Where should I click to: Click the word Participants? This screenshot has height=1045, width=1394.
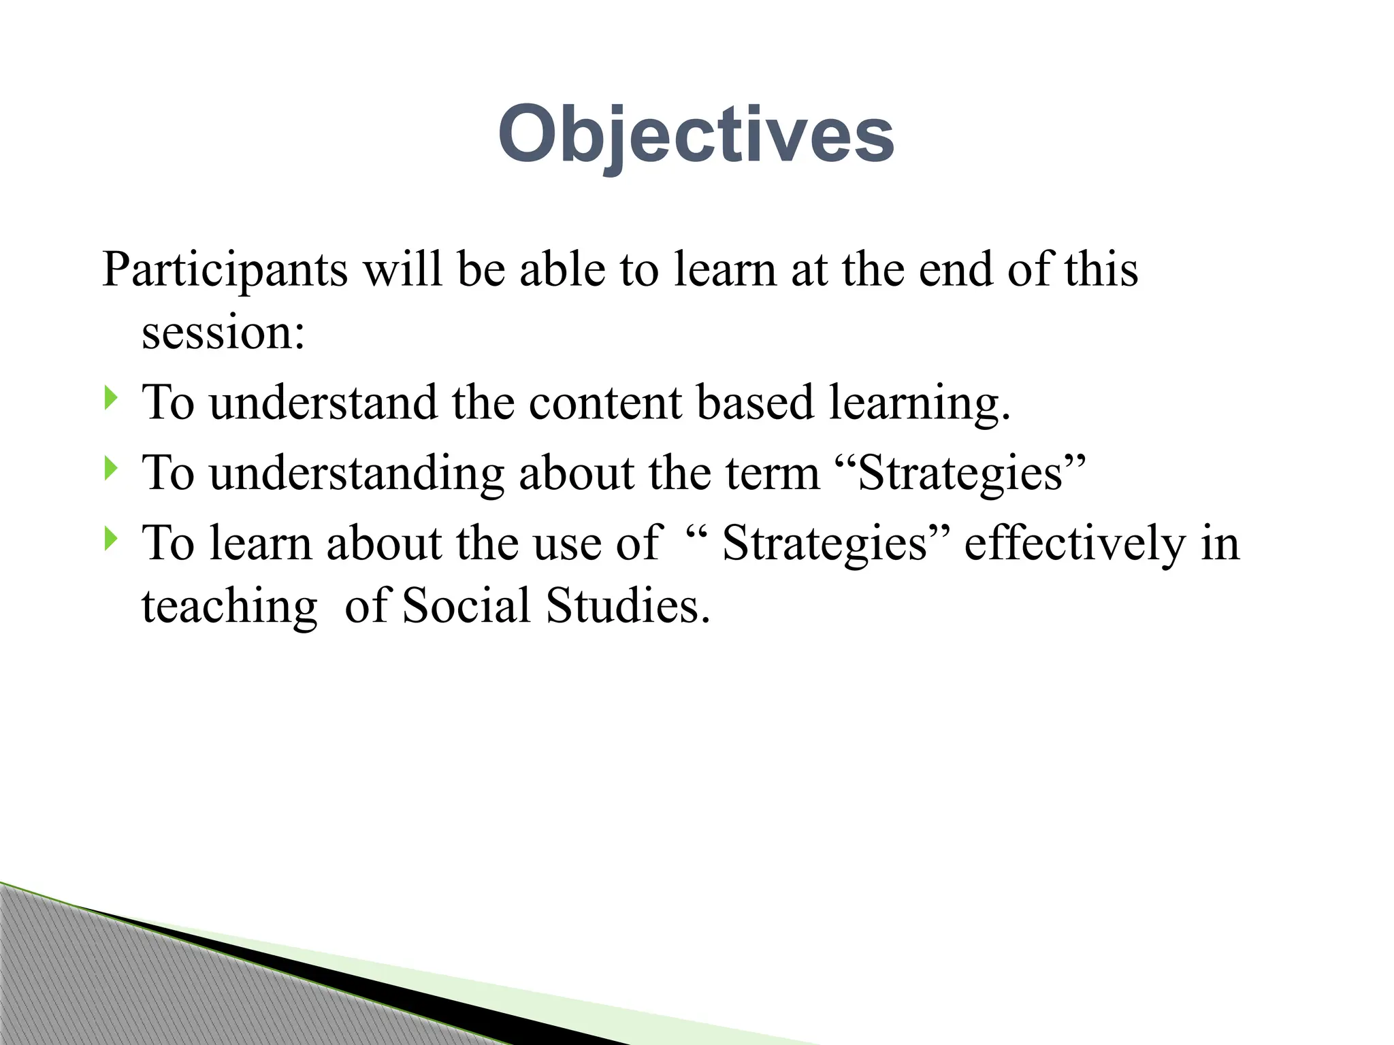tap(225, 270)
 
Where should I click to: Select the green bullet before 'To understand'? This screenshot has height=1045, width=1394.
tap(111, 398)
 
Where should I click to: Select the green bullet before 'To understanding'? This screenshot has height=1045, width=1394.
tap(111, 469)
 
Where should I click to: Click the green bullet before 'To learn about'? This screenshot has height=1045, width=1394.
tap(111, 540)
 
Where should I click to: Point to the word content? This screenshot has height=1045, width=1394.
tap(605, 403)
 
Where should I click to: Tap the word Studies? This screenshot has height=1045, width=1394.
tap(628, 606)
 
